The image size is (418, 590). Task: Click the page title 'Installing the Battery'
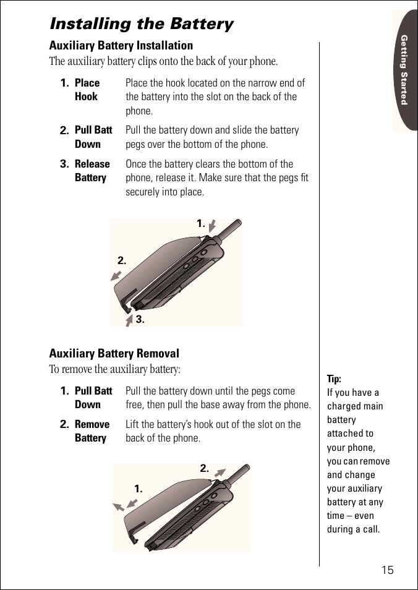point(141,24)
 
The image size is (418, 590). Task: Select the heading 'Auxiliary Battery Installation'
point(121,46)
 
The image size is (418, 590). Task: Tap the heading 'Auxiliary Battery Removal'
point(114,354)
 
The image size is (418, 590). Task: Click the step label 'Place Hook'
point(87,90)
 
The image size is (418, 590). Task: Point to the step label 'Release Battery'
point(92,171)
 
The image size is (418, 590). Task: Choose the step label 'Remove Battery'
point(92,431)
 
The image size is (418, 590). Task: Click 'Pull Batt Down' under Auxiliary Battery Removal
point(93,398)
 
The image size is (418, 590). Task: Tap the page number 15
point(387,570)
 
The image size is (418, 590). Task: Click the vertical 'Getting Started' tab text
point(404,70)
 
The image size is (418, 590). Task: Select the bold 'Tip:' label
point(334,379)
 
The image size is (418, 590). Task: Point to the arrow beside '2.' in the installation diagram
point(116,275)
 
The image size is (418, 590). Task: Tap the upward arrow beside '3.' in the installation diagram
point(129,320)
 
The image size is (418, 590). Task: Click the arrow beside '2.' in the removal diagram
point(220,474)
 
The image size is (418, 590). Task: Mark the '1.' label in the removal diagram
point(139,489)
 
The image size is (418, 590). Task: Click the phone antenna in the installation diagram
point(229,229)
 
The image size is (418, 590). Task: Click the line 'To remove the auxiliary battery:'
point(115,370)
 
